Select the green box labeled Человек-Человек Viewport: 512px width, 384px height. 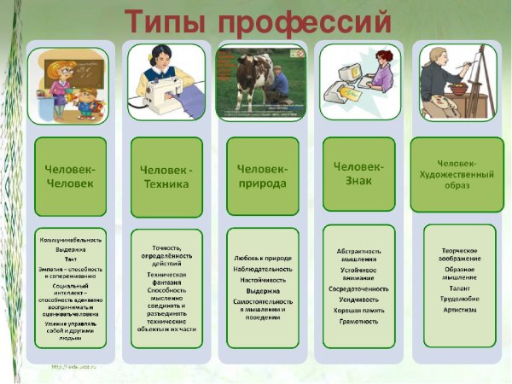point(70,176)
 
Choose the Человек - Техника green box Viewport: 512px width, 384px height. point(166,176)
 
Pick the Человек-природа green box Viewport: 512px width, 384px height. point(263,176)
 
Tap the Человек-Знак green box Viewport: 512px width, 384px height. point(358,172)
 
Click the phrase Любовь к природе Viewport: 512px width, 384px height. point(263,257)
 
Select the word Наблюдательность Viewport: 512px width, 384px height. point(263,268)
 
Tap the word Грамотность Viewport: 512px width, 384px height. point(358,321)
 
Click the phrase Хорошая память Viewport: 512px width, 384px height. point(358,309)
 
